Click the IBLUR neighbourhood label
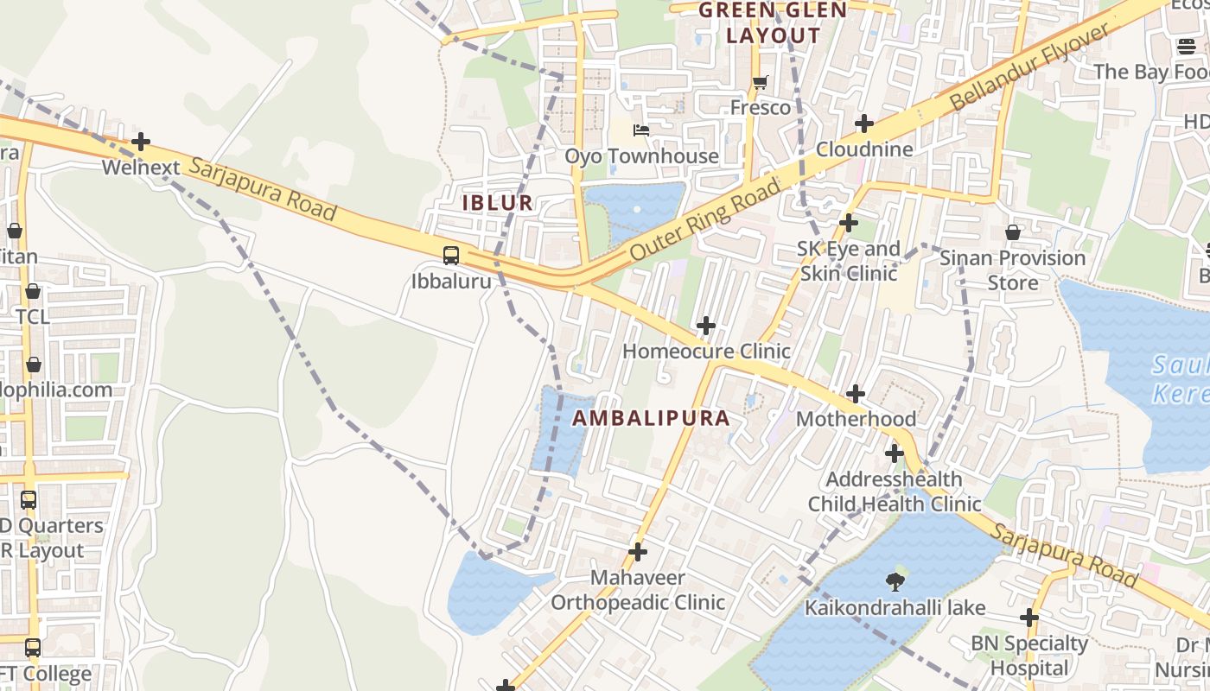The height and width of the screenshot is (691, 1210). click(x=497, y=203)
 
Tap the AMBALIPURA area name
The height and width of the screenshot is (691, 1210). click(x=651, y=418)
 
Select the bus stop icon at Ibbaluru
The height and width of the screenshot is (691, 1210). click(x=451, y=255)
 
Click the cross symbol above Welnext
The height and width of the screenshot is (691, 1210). click(x=141, y=142)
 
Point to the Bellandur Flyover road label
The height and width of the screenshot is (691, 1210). click(x=1028, y=67)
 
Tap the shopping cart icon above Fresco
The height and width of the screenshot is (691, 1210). click(x=760, y=83)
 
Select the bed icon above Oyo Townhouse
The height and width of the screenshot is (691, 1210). click(x=641, y=130)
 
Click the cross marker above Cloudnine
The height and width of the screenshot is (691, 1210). click(x=863, y=124)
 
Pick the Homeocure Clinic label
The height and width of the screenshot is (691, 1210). click(x=706, y=352)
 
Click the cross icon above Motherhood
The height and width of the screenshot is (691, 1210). click(x=856, y=394)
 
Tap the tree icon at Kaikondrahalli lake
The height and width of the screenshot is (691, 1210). click(x=895, y=582)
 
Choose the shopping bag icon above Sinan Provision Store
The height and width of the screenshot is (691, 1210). click(x=1012, y=232)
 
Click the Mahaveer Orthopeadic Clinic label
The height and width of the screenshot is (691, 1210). click(x=638, y=590)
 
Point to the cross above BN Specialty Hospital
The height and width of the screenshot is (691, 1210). click(x=1028, y=618)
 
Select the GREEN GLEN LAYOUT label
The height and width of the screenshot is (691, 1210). click(x=773, y=22)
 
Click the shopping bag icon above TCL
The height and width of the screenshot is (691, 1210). click(x=33, y=291)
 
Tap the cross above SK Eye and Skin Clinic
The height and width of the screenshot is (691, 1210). click(x=849, y=223)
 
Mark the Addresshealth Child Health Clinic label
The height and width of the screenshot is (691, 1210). click(x=895, y=491)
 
